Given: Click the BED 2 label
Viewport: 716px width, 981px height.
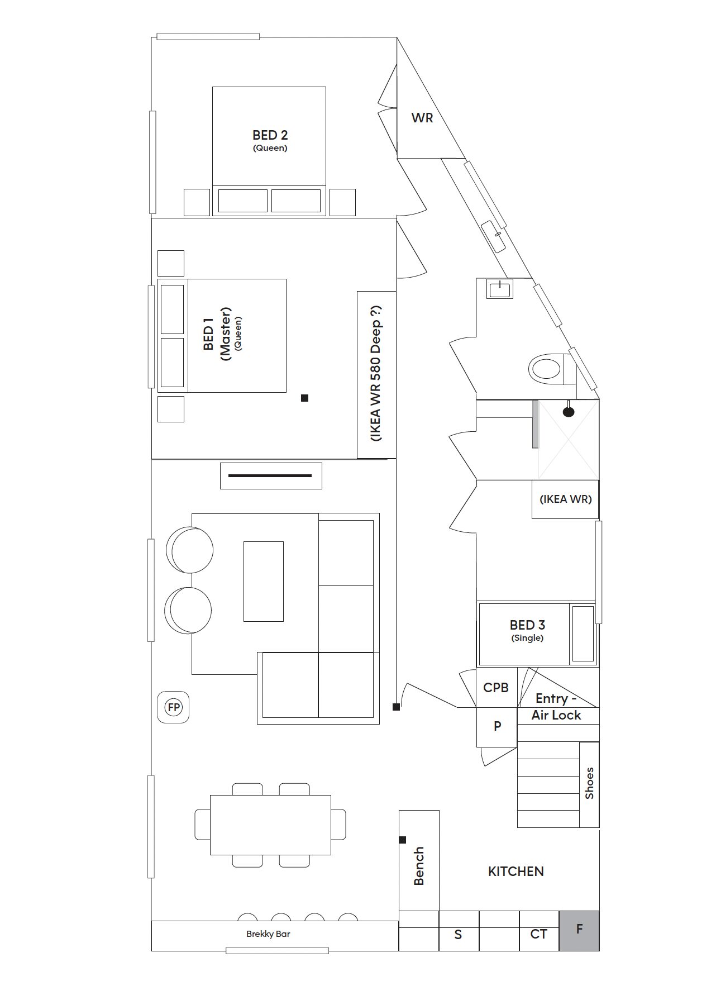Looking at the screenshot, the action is [270, 135].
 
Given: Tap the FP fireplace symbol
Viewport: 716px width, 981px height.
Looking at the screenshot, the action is [174, 708].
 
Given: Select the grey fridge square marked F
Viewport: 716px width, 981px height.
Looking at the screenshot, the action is [579, 931].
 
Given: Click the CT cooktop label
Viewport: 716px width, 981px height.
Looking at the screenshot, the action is [538, 934].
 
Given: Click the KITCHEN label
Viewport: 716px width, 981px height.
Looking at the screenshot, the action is [515, 872].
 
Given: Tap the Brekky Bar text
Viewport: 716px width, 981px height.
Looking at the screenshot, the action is [268, 934].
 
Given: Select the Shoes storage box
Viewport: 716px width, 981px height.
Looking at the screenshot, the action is [589, 784].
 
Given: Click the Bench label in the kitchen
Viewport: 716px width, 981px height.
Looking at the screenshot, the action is [419, 866].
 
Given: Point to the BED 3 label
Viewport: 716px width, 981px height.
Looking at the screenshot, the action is [527, 625].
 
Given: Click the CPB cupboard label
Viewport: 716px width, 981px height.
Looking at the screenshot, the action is [496, 688].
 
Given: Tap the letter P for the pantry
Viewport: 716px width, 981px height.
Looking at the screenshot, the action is [498, 726].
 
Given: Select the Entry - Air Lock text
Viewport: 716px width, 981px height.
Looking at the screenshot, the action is [556, 707].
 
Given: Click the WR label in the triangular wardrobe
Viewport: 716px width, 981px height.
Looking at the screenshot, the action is [422, 118].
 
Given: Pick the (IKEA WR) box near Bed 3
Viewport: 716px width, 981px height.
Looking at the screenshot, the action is [565, 499].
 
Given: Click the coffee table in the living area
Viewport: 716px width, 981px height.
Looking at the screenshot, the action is [263, 581].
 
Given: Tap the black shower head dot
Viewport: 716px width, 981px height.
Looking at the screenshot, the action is [569, 412].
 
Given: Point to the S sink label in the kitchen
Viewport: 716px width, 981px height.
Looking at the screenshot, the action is [458, 935].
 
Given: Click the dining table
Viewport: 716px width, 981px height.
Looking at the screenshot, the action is [270, 825].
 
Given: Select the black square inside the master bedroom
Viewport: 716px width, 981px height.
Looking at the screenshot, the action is [304, 398].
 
